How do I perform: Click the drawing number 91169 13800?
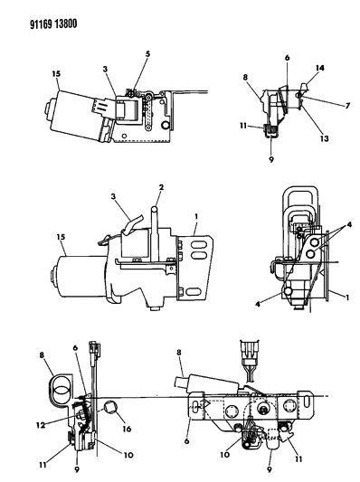(x=53, y=24)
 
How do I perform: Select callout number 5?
(x=147, y=53)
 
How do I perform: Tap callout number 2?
(x=161, y=187)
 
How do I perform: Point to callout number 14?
(x=319, y=68)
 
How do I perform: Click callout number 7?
(x=347, y=106)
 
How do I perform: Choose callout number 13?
(x=324, y=138)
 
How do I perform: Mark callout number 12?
(x=41, y=425)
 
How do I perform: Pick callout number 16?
(x=127, y=429)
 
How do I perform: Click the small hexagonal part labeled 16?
(x=110, y=407)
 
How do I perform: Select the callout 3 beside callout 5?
(x=106, y=69)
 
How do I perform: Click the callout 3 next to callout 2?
(x=114, y=196)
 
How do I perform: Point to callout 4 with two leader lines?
(x=349, y=224)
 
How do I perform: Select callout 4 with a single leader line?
(x=258, y=305)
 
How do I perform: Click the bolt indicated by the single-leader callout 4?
(x=289, y=290)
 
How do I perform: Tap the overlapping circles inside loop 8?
(x=62, y=391)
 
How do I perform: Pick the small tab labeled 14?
(x=304, y=87)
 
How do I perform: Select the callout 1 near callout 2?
(x=196, y=217)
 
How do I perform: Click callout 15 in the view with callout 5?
(x=56, y=74)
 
